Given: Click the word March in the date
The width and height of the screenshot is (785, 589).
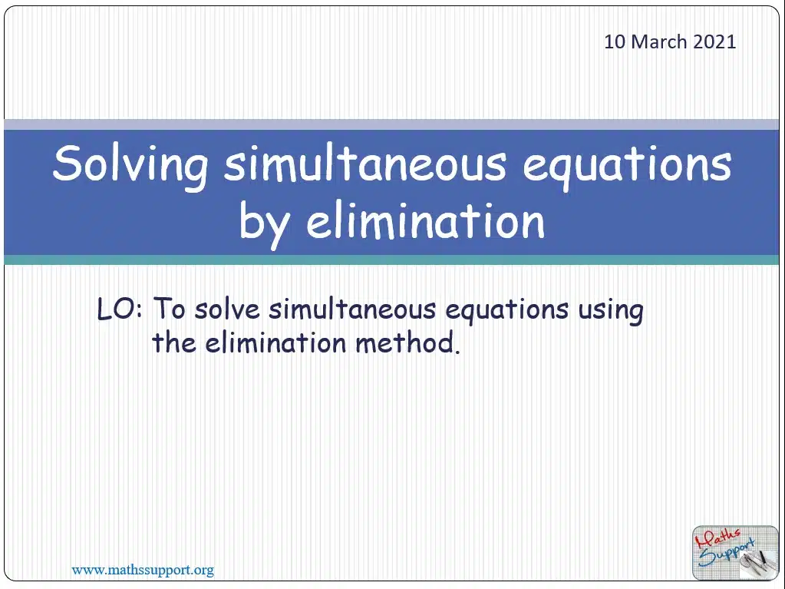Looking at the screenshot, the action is point(659,41).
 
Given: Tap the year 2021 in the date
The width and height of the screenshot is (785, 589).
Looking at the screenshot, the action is point(714,41).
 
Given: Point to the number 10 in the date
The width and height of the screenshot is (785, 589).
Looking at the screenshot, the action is point(615,41).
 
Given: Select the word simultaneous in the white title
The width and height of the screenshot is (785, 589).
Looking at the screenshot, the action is point(365,164).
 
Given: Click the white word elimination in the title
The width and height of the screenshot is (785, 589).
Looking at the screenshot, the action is point(426,220).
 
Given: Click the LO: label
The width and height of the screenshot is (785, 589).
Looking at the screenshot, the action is point(120,309).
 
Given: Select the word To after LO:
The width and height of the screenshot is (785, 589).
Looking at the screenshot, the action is point(170,308).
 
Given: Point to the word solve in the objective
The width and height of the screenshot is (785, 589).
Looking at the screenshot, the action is point(227,309).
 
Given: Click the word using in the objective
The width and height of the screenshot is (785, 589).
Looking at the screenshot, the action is point(612,311).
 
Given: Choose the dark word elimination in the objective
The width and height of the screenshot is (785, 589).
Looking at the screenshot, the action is point(275,342).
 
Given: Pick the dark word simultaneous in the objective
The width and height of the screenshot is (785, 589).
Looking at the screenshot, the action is point(352,309).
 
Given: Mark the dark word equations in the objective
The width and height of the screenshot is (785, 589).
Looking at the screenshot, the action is point(507,311).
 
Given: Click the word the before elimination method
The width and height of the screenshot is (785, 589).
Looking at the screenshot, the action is point(173,342).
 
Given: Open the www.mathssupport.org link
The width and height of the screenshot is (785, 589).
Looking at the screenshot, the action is point(143,570).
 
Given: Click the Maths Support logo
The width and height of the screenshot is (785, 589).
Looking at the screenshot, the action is point(735,553).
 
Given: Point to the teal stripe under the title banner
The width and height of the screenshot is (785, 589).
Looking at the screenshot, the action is point(391,260).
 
